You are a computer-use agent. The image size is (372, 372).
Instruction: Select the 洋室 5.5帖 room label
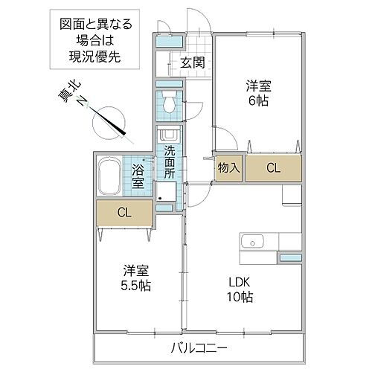(135, 277)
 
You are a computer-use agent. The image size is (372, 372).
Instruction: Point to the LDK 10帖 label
(240, 289)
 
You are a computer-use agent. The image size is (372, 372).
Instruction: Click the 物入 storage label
(228, 168)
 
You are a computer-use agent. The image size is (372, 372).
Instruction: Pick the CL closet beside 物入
(273, 168)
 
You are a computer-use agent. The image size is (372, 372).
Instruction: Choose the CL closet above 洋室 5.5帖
(124, 213)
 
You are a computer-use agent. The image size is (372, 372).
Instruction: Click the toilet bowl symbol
(170, 104)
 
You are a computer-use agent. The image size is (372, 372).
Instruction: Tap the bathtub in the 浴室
(109, 176)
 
